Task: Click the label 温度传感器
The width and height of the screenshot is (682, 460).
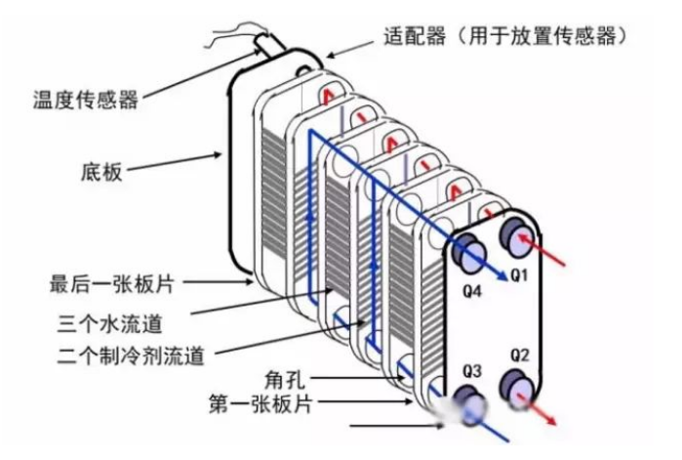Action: [86, 100]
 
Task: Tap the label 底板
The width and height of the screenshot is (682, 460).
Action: [101, 172]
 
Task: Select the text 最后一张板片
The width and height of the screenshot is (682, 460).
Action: [112, 284]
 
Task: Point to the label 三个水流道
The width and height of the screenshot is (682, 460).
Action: [110, 324]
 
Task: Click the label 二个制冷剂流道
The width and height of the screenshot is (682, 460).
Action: [131, 355]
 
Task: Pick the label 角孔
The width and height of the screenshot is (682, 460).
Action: [285, 380]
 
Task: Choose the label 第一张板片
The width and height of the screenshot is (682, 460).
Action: [261, 404]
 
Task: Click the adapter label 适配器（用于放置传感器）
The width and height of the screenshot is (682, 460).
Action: [505, 36]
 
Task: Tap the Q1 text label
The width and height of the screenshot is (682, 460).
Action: [518, 275]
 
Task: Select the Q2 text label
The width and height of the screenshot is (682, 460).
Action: [520, 355]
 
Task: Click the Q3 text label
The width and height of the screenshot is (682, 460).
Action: [472, 371]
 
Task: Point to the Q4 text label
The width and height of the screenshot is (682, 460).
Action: [472, 291]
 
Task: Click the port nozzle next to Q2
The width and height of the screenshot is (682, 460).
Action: [517, 389]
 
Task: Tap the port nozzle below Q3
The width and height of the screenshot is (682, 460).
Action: [469, 404]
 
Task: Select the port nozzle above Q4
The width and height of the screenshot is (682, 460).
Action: [469, 253]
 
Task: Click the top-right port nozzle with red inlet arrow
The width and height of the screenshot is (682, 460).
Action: [517, 237]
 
